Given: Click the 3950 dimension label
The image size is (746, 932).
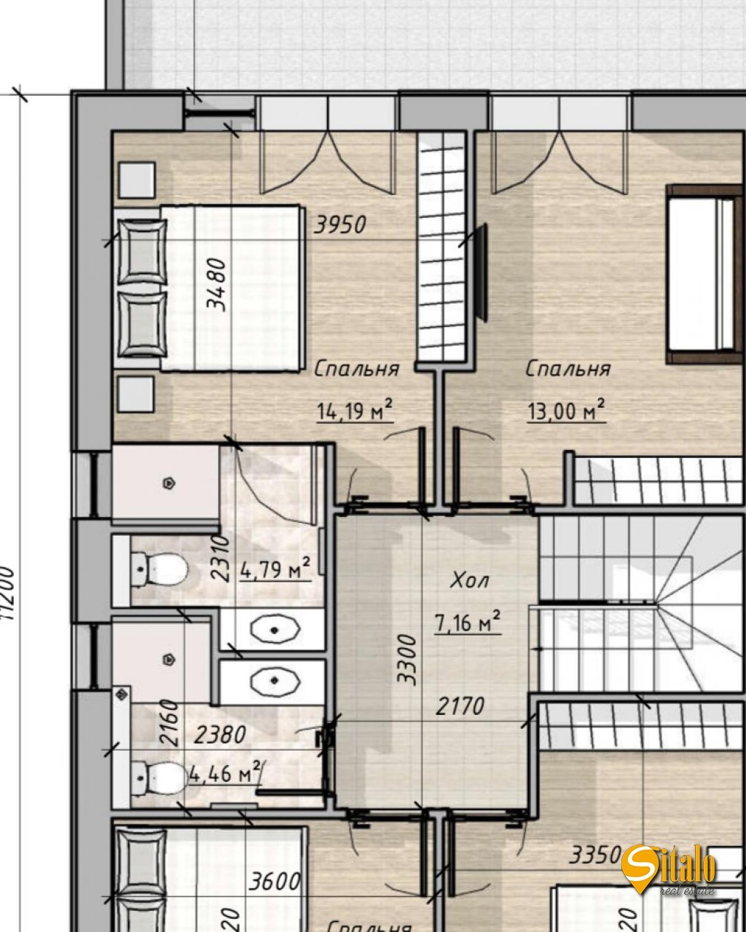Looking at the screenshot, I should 339,225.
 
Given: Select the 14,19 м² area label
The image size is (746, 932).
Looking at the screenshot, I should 355,412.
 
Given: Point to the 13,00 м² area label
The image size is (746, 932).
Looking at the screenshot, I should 566,412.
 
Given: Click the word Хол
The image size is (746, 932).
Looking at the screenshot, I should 470,581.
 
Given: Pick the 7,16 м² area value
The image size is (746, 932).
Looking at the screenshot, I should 467,623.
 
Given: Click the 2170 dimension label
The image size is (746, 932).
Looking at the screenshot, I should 460,706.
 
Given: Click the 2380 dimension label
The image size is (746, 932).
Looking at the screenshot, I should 220,735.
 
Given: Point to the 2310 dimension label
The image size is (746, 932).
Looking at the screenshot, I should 220,557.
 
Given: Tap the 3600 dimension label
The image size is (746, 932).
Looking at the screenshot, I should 274,882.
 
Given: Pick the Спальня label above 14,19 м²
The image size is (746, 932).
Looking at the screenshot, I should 356,369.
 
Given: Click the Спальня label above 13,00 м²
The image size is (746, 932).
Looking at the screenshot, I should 568,369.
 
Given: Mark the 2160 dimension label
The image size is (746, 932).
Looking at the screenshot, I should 168,722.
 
